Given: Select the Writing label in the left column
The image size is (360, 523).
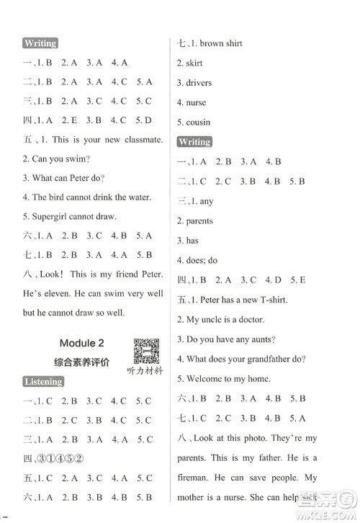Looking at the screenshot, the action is tap(40, 43).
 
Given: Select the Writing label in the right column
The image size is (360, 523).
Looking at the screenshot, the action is tap(194, 142).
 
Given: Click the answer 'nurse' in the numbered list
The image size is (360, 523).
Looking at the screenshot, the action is tap(196, 103).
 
